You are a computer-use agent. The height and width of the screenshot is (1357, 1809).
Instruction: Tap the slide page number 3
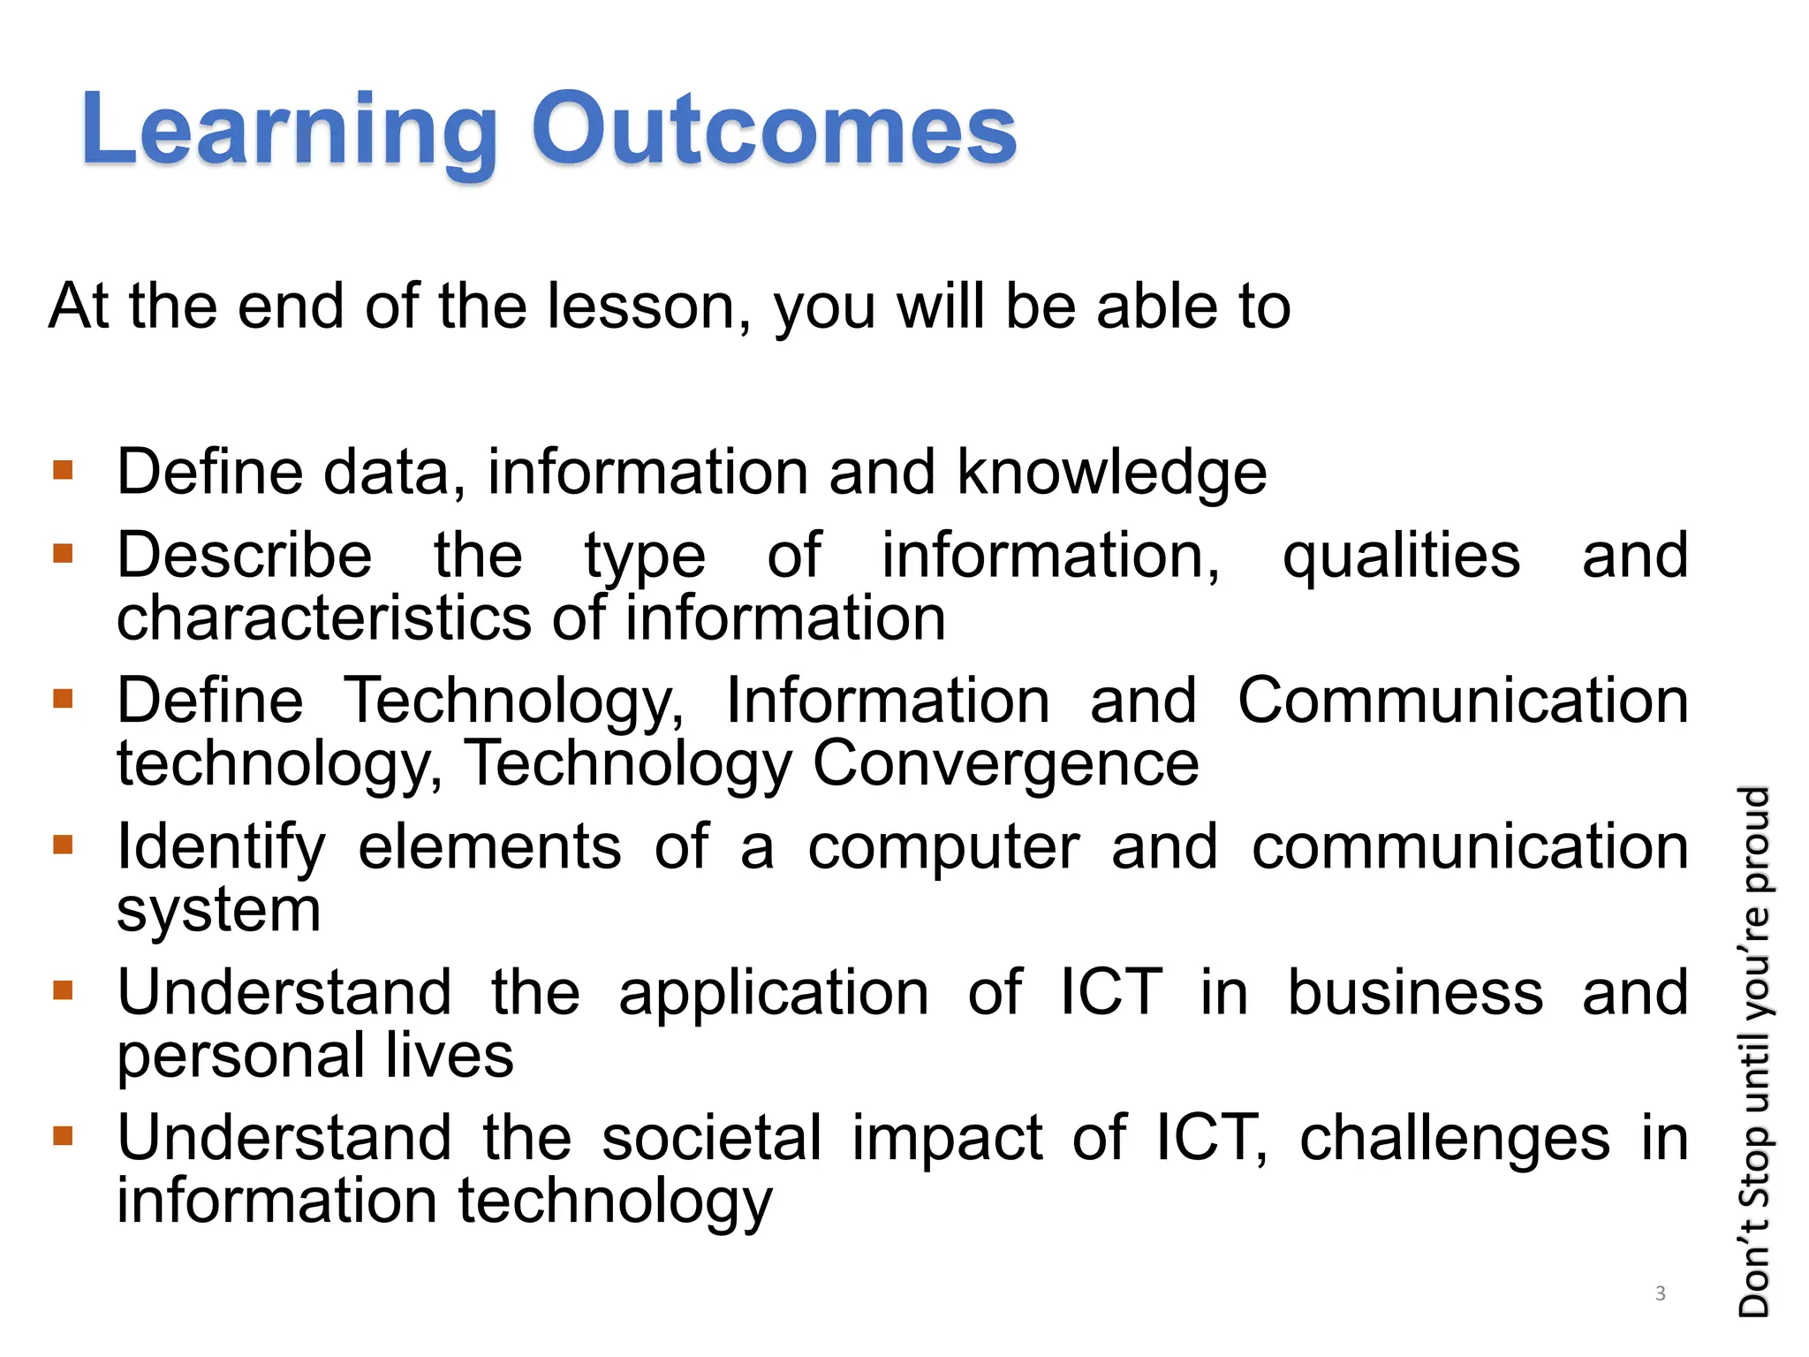click(1661, 1293)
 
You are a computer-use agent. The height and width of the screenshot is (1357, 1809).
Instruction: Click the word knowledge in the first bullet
click(1111, 472)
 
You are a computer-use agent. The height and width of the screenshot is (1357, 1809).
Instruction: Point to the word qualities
click(1401, 557)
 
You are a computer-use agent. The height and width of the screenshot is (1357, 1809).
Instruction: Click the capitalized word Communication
click(1462, 700)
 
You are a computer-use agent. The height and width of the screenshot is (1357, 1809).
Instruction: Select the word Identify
click(222, 846)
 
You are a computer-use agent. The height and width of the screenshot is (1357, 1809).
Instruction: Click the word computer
click(943, 846)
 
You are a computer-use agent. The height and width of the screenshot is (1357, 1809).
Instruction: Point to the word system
click(219, 910)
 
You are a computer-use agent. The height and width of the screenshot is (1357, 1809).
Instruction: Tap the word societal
click(712, 1138)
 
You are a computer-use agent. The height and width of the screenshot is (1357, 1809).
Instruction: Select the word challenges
click(1454, 1138)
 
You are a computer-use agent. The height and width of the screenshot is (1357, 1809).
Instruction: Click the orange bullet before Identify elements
click(63, 845)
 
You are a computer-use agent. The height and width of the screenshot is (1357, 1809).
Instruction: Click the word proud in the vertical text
click(1754, 839)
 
